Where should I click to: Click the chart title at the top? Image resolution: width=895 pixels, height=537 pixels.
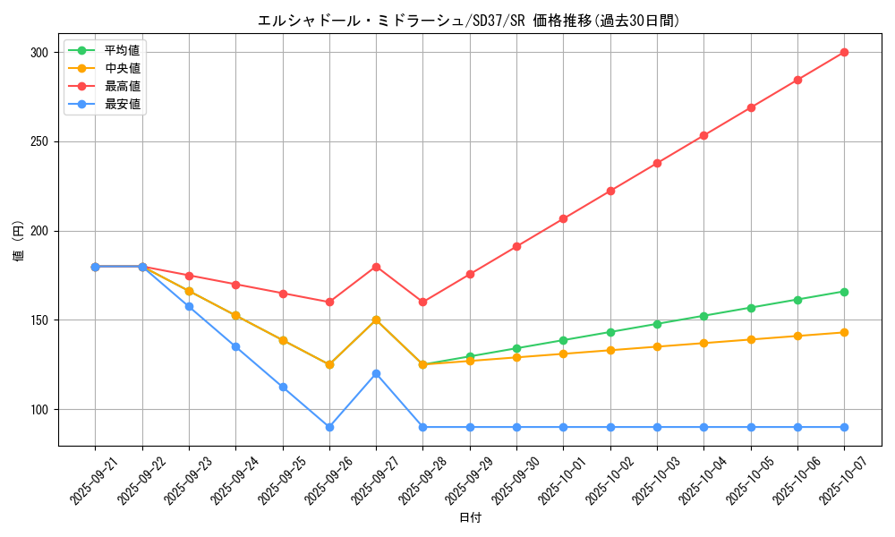pyautogui.click(x=468, y=21)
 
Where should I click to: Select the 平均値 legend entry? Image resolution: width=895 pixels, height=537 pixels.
pyautogui.click(x=122, y=50)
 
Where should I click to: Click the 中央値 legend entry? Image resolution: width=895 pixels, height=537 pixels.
pyautogui.click(x=122, y=68)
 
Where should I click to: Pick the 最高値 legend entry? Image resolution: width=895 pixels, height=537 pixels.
pyautogui.click(x=122, y=86)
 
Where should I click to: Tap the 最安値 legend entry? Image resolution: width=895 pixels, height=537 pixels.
pyautogui.click(x=122, y=104)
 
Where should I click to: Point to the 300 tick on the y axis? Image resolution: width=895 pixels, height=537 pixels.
pyautogui.click(x=39, y=53)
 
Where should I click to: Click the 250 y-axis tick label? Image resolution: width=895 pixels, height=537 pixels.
pyautogui.click(x=39, y=141)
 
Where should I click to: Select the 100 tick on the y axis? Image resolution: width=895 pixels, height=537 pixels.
pyautogui.click(x=39, y=410)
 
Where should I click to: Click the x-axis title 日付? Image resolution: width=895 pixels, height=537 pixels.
pyautogui.click(x=470, y=518)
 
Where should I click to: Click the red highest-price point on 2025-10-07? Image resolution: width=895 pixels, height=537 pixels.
pyautogui.click(x=844, y=52)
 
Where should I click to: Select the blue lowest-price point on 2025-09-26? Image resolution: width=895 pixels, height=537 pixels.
pyautogui.click(x=329, y=427)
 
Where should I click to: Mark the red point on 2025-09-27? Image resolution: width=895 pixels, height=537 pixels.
pyautogui.click(x=376, y=267)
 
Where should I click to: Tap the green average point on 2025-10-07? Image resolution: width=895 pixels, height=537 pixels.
pyautogui.click(x=844, y=292)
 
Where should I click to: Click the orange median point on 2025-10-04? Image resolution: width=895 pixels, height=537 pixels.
pyautogui.click(x=703, y=343)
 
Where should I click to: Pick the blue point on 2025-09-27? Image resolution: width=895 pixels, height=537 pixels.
pyautogui.click(x=376, y=373)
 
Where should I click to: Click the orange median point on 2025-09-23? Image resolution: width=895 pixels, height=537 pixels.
pyautogui.click(x=189, y=291)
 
